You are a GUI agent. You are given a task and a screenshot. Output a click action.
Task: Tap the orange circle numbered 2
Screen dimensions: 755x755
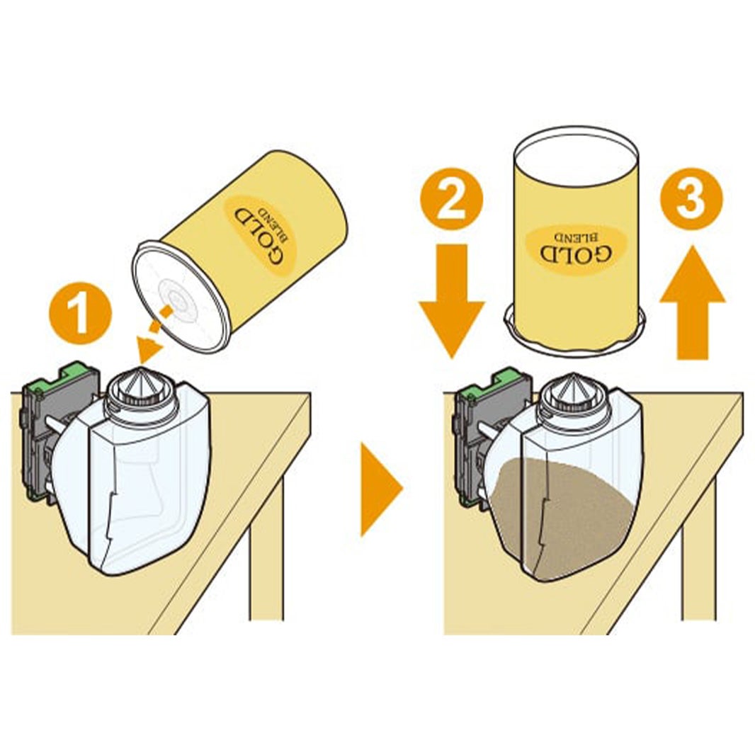coord(452,200)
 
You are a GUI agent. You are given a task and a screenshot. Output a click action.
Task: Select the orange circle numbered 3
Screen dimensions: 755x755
coord(691,200)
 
